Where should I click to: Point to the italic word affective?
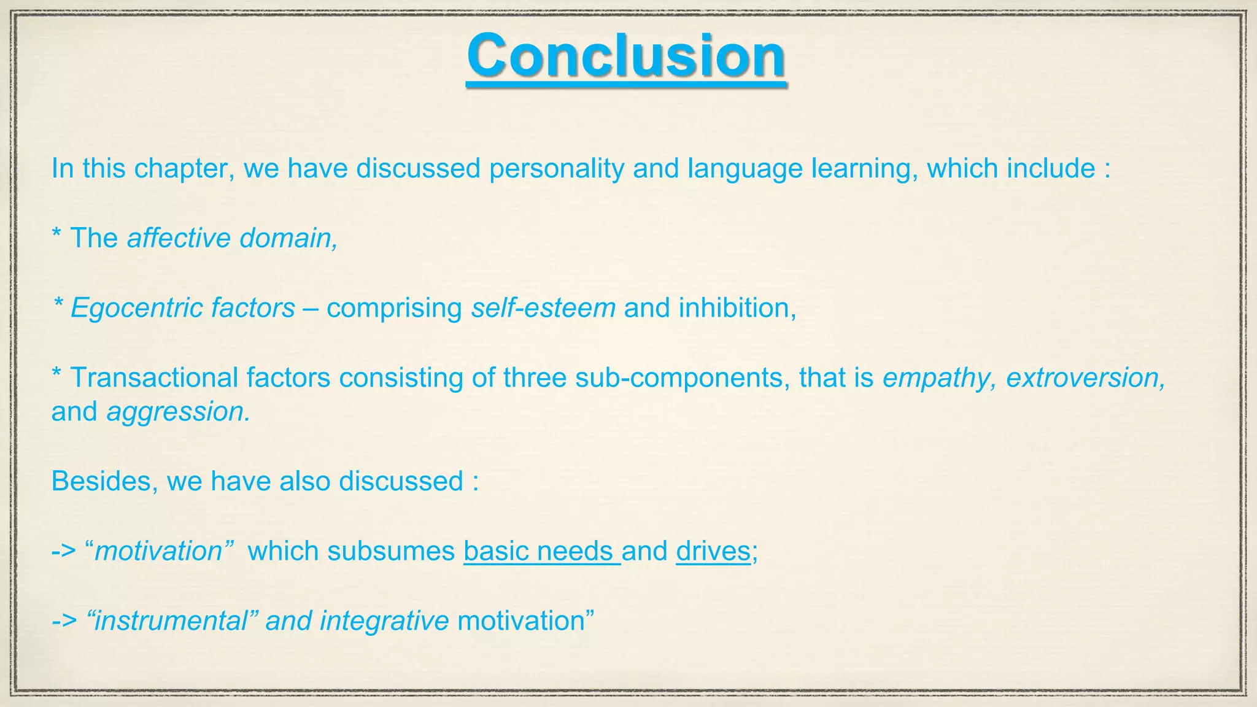(179, 238)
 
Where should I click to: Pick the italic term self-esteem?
(543, 308)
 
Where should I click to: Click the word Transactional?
(154, 377)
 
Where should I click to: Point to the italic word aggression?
(179, 412)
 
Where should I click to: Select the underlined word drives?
(713, 551)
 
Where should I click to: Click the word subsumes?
(390, 551)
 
